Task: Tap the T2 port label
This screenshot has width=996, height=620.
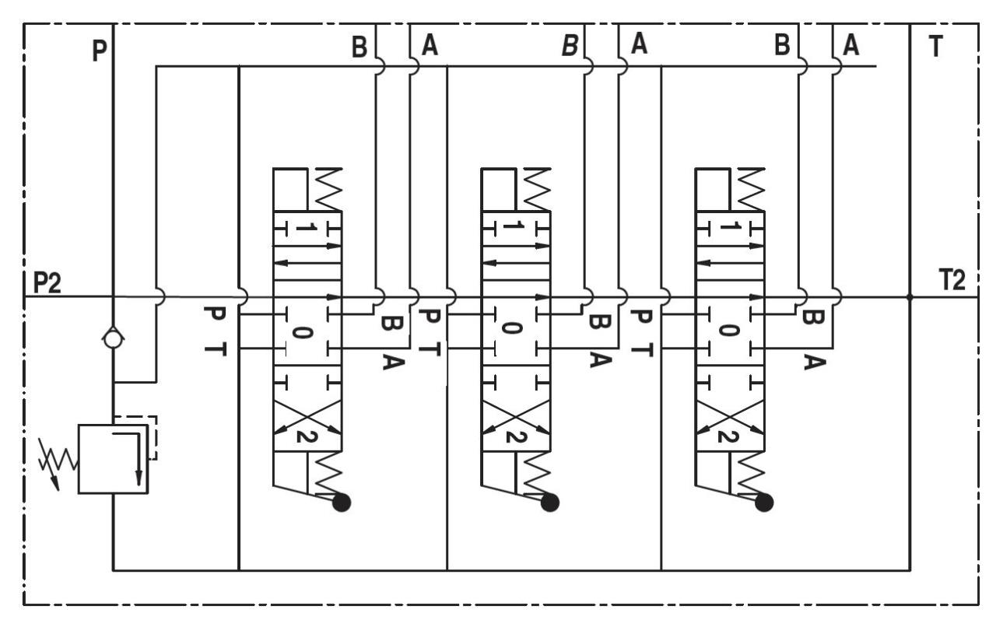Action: tap(952, 282)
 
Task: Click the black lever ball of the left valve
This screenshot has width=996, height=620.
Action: tap(341, 503)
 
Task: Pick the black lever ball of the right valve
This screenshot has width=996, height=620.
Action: tap(764, 503)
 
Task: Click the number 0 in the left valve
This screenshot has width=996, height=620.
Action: tap(303, 332)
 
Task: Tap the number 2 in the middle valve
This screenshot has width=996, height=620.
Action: tap(510, 436)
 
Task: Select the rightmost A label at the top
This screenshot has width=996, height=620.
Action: tap(851, 47)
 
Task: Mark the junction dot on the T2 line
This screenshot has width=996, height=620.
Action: tap(910, 296)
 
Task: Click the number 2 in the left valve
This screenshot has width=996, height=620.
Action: tap(303, 436)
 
